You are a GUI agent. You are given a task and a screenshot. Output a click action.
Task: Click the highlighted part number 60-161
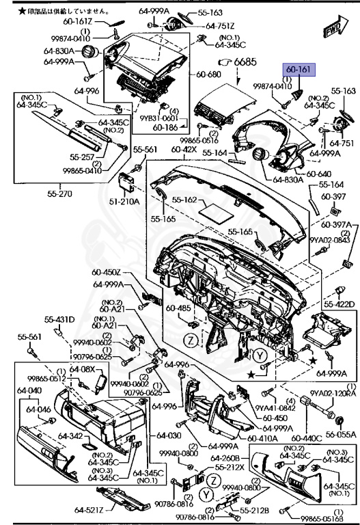pos(297,70)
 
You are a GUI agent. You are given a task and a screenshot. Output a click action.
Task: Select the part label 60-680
pos(208,75)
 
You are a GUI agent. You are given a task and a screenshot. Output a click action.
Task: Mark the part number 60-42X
pos(184,149)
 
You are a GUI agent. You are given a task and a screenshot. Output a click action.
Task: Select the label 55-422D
pos(339,304)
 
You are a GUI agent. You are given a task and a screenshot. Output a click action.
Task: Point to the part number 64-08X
pos(83,370)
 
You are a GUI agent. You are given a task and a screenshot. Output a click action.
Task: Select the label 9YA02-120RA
pos(333,393)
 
